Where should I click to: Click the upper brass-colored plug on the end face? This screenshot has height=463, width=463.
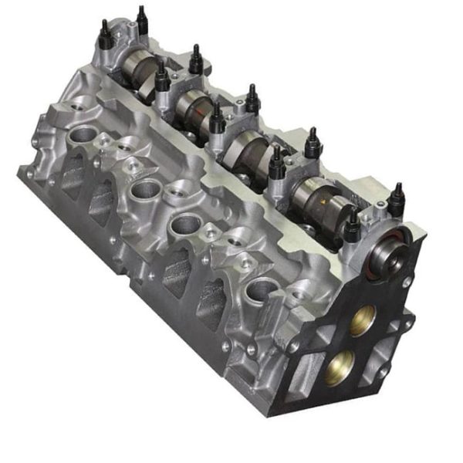362,319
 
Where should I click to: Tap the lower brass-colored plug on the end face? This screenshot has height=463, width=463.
340,367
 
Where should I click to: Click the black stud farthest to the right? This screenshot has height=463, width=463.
397,200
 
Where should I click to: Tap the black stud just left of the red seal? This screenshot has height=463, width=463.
352,225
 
